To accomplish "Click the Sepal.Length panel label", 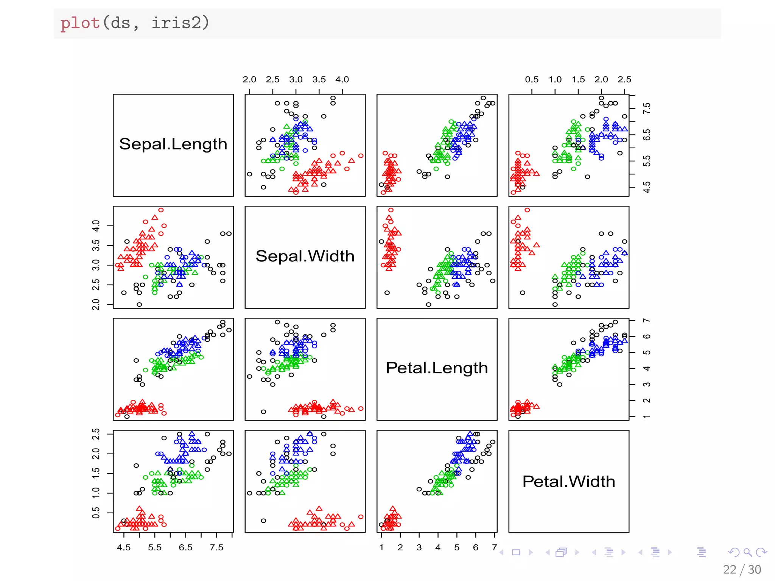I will click(173, 144).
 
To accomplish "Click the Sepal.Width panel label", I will click(305, 256).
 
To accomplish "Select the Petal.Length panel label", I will click(437, 368).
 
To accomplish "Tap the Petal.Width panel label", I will click(568, 482).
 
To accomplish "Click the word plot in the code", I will click(80, 23).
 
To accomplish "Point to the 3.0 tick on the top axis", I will click(296, 79).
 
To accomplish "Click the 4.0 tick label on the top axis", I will click(342, 79).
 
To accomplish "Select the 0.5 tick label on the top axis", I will click(532, 79).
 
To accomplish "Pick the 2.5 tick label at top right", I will click(624, 79).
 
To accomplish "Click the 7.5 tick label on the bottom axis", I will click(216, 547).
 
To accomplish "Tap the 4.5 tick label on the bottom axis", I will click(124, 547).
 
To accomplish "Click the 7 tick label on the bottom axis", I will click(494, 547).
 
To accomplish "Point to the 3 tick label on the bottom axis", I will click(419, 547).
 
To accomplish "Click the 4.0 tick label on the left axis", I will click(96, 226).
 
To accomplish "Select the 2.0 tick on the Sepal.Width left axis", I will click(96, 304).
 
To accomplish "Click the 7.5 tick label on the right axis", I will click(647, 109).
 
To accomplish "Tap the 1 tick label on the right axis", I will click(647, 416).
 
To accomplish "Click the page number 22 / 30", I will click(742, 569).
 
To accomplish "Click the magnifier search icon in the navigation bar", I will click(747, 552).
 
